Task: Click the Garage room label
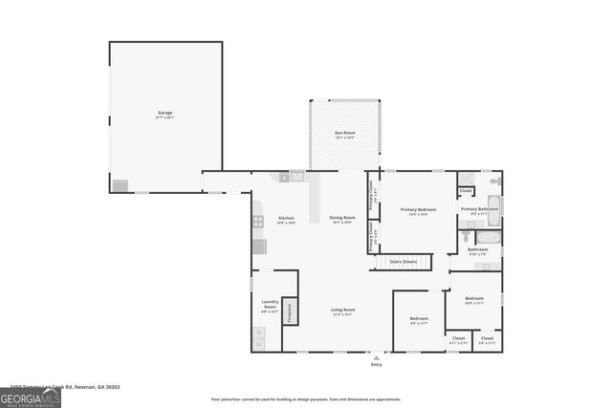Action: [165, 114]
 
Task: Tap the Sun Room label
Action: [344, 136]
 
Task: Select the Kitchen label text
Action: [286, 219]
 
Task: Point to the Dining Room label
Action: [342, 219]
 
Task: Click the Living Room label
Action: [343, 311]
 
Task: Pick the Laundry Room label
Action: [270, 308]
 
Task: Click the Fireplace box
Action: [290, 311]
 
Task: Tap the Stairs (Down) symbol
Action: [403, 261]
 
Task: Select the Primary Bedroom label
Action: [418, 210]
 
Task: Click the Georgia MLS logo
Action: [30, 397]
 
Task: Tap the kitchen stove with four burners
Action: [258, 222]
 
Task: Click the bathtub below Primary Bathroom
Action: [487, 237]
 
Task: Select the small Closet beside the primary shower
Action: [466, 190]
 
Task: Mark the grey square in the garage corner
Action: [120, 185]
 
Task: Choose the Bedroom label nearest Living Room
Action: [419, 319]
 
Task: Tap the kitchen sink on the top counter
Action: [296, 176]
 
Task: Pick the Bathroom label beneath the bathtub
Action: [477, 250]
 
